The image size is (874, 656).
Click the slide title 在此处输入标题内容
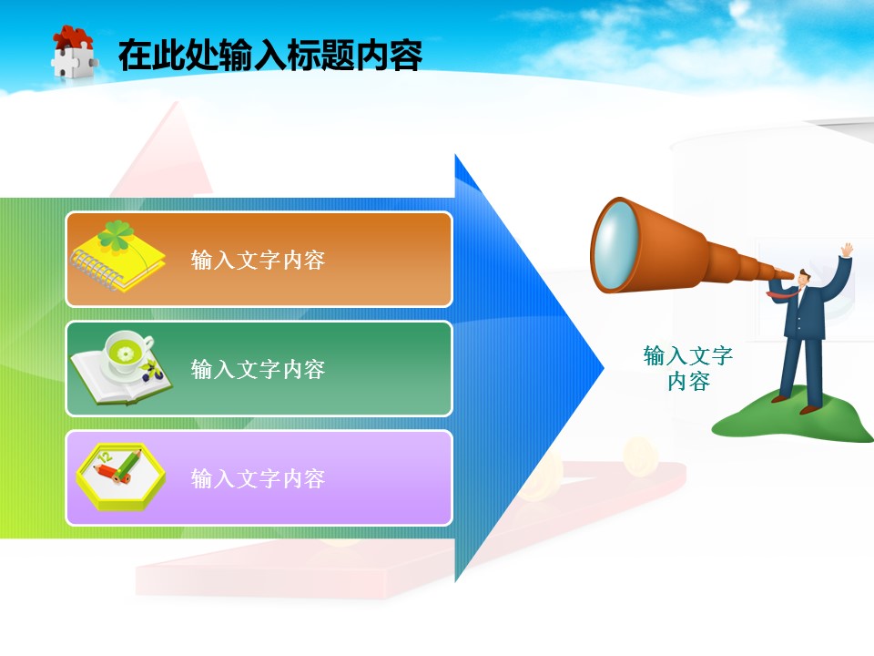[x=270, y=55]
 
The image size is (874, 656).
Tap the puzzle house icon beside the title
[x=74, y=52]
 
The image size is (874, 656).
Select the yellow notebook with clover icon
[x=117, y=256]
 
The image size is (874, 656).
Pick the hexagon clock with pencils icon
[x=121, y=477]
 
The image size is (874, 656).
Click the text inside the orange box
[x=258, y=260]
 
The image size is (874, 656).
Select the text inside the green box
[x=258, y=369]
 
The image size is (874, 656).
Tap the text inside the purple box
[x=258, y=478]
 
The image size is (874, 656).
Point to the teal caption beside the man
[x=688, y=368]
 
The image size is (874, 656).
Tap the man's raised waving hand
[x=848, y=250]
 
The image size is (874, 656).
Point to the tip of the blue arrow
[x=605, y=367]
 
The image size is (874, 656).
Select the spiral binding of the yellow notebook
[x=96, y=270]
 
